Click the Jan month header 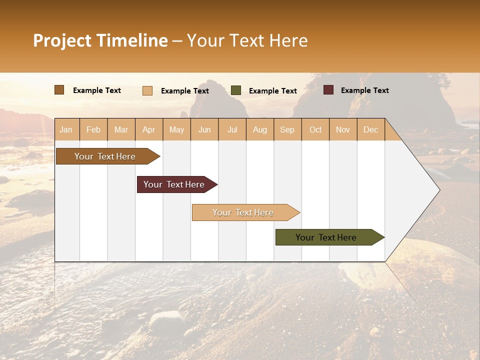coord(66,129)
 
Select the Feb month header coord(93,129)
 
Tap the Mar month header coord(121,129)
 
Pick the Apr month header coord(149,129)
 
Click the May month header coord(176,129)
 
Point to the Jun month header coord(204,129)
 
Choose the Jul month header coord(232,129)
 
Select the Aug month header coord(260,129)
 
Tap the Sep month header coord(287,129)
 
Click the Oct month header coord(315,129)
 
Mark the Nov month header coord(343,129)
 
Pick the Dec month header coord(370,129)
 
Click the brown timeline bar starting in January coord(105,156)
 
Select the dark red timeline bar coord(174,184)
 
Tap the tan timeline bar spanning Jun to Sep coord(243,212)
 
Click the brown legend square coord(59,90)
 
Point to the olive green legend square coord(236,90)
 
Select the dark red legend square coord(328,90)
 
